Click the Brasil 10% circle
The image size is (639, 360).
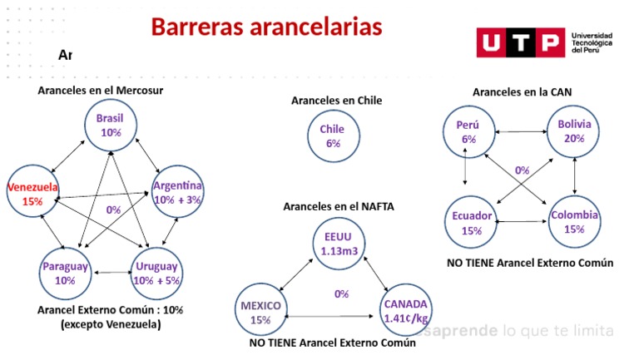(x=110, y=126)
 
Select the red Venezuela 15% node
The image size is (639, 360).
(x=32, y=194)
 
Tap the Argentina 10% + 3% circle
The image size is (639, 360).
(x=177, y=192)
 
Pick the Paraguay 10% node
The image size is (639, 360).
(x=66, y=274)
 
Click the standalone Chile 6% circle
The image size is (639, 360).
(x=332, y=136)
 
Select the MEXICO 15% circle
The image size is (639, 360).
(x=260, y=312)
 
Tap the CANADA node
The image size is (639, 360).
(x=405, y=310)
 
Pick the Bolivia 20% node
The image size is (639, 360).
(x=574, y=131)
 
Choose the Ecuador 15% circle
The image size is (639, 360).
(x=472, y=223)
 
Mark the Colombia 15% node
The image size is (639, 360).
(x=574, y=222)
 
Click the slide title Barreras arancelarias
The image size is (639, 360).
(x=266, y=27)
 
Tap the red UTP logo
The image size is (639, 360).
(x=519, y=43)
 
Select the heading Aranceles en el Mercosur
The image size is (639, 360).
(x=100, y=90)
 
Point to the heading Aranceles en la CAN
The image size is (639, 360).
(x=522, y=91)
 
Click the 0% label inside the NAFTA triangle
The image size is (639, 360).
(x=341, y=293)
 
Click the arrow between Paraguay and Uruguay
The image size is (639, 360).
(x=111, y=272)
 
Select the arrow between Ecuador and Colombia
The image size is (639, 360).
(x=523, y=221)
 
